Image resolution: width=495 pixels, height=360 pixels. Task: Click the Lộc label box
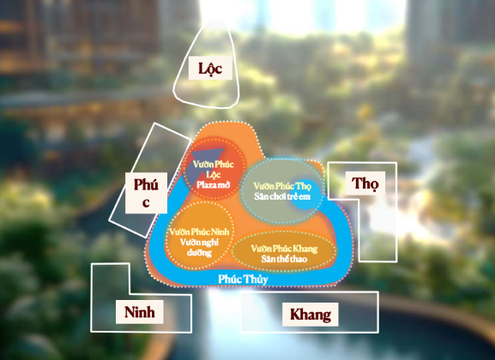[x=210, y=69]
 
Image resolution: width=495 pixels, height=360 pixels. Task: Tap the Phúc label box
[x=146, y=193]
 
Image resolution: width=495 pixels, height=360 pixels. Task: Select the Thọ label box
[x=365, y=183]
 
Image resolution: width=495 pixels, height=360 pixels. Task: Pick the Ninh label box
[x=140, y=312]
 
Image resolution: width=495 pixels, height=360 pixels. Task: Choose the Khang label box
[x=311, y=315]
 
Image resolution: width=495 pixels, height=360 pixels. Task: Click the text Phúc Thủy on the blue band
[x=243, y=279]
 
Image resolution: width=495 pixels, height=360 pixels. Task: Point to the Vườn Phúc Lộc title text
[x=214, y=169]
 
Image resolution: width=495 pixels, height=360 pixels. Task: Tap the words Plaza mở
[x=213, y=184]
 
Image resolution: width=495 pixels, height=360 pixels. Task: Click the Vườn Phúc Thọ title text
[x=282, y=186]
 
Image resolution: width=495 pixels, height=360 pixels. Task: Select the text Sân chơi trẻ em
[x=282, y=196]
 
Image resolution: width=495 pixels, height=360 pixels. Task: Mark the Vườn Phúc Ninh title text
[x=199, y=232]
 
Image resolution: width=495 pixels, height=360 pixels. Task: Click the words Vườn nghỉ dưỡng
[x=199, y=248]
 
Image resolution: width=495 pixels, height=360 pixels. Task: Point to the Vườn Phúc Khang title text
[x=284, y=249]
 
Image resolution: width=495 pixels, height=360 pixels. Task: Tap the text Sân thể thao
[x=284, y=259]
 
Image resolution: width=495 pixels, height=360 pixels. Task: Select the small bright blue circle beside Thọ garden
[x=305, y=195]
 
